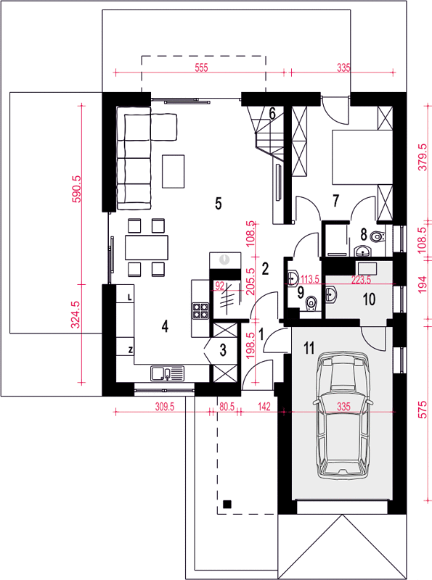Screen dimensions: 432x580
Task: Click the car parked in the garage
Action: (343, 415)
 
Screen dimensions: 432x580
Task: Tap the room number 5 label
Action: (219, 203)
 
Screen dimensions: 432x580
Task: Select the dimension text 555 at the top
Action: (201, 67)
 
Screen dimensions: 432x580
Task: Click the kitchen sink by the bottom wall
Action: (168, 373)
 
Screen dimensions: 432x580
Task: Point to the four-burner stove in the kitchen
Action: (200, 310)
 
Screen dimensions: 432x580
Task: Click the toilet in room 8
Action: (378, 236)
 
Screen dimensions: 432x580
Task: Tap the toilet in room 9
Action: (311, 304)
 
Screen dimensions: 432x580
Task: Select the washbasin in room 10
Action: (331, 294)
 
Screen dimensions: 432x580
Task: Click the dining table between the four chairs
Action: (147, 247)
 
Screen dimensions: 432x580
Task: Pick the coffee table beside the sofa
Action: (173, 171)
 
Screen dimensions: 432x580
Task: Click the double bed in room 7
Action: (362, 157)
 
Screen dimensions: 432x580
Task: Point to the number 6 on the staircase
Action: (272, 114)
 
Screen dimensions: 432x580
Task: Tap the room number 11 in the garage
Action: (309, 348)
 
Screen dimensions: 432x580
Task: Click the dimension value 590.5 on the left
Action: (76, 189)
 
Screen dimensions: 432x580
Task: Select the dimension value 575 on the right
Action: (423, 410)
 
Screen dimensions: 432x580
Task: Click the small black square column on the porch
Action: (227, 504)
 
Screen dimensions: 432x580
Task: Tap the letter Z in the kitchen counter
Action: (131, 349)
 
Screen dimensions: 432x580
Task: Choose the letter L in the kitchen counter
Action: (129, 297)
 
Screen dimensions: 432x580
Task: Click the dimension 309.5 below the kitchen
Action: (165, 407)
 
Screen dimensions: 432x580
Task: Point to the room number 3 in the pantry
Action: (223, 349)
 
